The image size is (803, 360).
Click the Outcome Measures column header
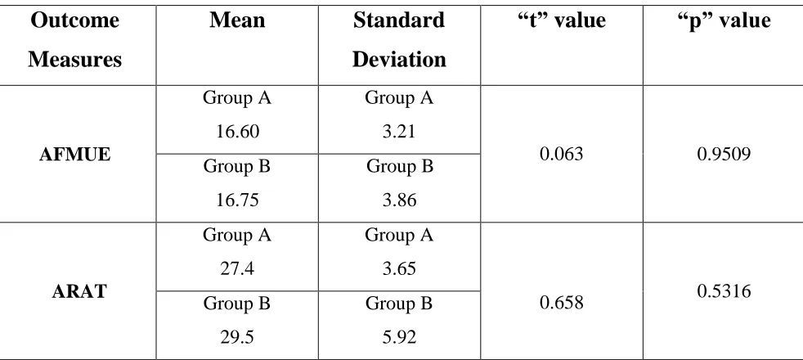pyautogui.click(x=74, y=40)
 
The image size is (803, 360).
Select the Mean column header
pyautogui.click(x=237, y=20)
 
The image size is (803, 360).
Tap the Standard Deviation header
pyautogui.click(x=399, y=40)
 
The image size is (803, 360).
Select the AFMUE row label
pyautogui.click(x=74, y=154)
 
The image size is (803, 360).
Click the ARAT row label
pyautogui.click(x=79, y=291)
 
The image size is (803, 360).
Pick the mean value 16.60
pyautogui.click(x=237, y=132)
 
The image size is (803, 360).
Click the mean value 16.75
pyautogui.click(x=237, y=200)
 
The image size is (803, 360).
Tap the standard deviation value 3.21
pyautogui.click(x=399, y=132)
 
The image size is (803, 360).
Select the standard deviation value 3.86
pyautogui.click(x=399, y=200)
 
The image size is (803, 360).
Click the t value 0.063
pyautogui.click(x=561, y=154)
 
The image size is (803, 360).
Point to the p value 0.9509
pyautogui.click(x=724, y=154)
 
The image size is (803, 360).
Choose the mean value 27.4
pyautogui.click(x=237, y=269)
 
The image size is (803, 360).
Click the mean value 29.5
pyautogui.click(x=237, y=337)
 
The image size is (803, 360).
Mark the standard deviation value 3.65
pyautogui.click(x=399, y=269)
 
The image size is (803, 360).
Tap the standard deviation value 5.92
pyautogui.click(x=399, y=337)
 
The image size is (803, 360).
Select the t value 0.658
pyautogui.click(x=561, y=303)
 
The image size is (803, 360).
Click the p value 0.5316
pyautogui.click(x=724, y=291)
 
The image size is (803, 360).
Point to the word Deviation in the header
pyautogui.click(x=399, y=60)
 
